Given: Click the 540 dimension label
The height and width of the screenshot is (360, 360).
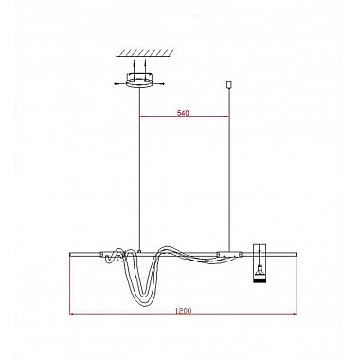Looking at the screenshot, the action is [x=183, y=113].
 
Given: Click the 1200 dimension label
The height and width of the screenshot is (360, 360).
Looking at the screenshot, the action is [x=183, y=311].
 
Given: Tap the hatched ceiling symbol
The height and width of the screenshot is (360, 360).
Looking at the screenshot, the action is [x=145, y=53].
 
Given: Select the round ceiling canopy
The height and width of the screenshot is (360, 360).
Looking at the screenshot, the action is [x=139, y=80].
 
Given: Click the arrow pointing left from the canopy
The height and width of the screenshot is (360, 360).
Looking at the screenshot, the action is [x=120, y=83].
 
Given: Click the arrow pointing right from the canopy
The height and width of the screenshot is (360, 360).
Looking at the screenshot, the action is [x=158, y=83].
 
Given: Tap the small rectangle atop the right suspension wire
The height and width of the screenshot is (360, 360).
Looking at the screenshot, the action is [x=229, y=84].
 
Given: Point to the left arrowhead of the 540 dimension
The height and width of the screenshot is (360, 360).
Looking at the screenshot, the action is [x=142, y=117].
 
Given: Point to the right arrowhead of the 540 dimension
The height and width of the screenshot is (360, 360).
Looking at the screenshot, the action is [x=226, y=117].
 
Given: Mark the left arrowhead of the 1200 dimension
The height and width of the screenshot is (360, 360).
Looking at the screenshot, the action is [x=71, y=314].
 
